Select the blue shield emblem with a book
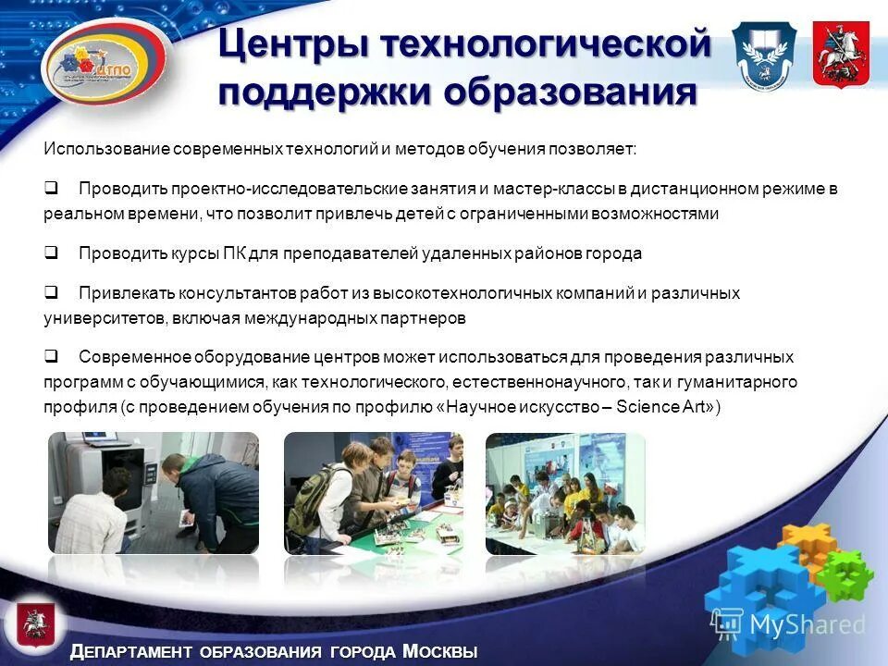[763, 55]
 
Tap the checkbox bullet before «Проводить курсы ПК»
[52, 253]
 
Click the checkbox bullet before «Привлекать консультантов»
[52, 293]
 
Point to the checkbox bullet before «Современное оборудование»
[52, 356]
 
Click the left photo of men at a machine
[154, 492]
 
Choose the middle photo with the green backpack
[375, 492]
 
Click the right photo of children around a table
[565, 492]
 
